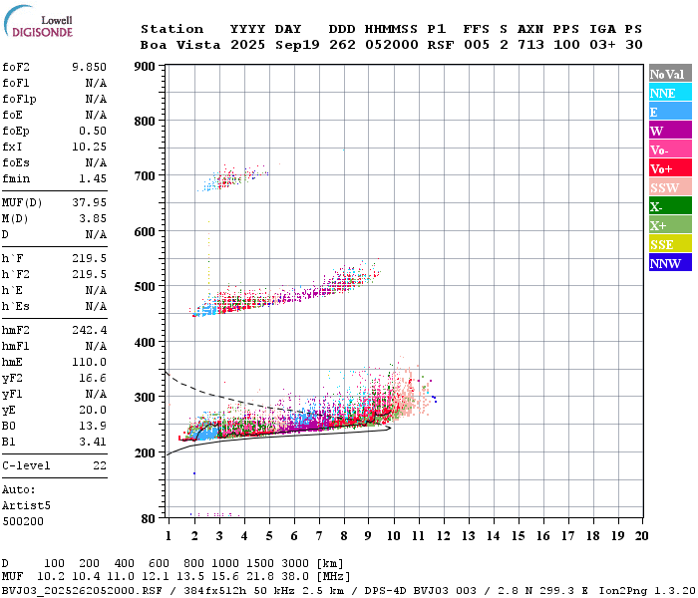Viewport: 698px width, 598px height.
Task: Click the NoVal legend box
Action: point(668,74)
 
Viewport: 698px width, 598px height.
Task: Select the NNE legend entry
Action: point(668,93)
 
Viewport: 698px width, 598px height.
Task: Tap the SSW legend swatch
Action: point(668,187)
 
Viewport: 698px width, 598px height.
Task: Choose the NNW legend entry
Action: point(668,263)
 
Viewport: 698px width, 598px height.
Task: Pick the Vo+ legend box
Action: point(668,168)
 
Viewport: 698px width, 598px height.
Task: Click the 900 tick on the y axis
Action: point(145,67)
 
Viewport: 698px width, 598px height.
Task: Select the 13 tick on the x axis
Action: point(468,535)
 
